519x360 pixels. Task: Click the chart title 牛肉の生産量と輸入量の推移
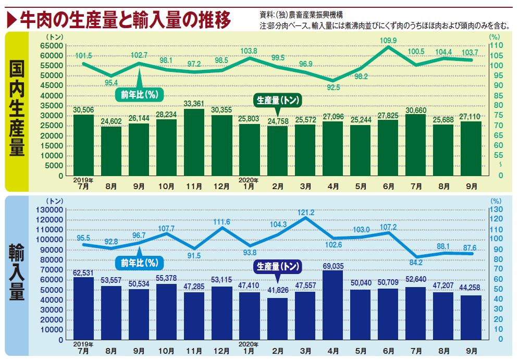tap(125, 20)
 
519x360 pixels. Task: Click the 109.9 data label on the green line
tap(388, 41)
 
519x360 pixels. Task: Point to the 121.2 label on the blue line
tap(306, 213)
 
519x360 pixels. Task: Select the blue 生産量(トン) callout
tap(278, 266)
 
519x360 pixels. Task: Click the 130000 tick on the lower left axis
tap(50, 209)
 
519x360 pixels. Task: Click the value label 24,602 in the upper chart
tap(112, 121)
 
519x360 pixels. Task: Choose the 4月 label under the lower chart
tap(333, 351)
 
